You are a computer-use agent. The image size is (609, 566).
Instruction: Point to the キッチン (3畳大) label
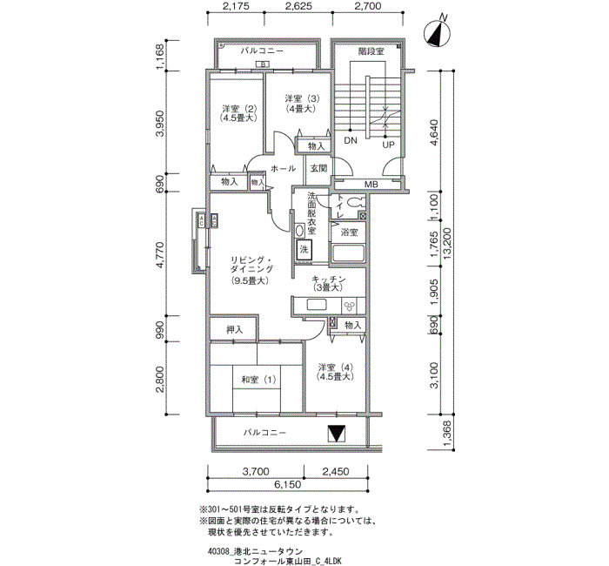pyautogui.click(x=330, y=283)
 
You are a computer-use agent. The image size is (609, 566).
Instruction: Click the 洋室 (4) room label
pyautogui.click(x=335, y=371)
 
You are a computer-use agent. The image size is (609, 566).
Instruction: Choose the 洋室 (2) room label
pyautogui.click(x=237, y=112)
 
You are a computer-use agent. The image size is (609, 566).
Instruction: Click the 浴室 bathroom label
pyautogui.click(x=349, y=232)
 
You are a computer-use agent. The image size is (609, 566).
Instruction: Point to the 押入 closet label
pyautogui.click(x=233, y=329)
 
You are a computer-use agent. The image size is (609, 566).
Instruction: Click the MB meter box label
pyautogui.click(x=371, y=184)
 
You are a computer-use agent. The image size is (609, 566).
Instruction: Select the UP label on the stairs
pyautogui.click(x=388, y=144)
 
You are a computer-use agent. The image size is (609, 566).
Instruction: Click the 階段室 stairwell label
pyautogui.click(x=371, y=52)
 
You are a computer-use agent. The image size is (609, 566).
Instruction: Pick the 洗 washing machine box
pyautogui.click(x=304, y=250)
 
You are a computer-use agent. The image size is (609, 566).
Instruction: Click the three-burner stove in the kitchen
pyautogui.click(x=351, y=306)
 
